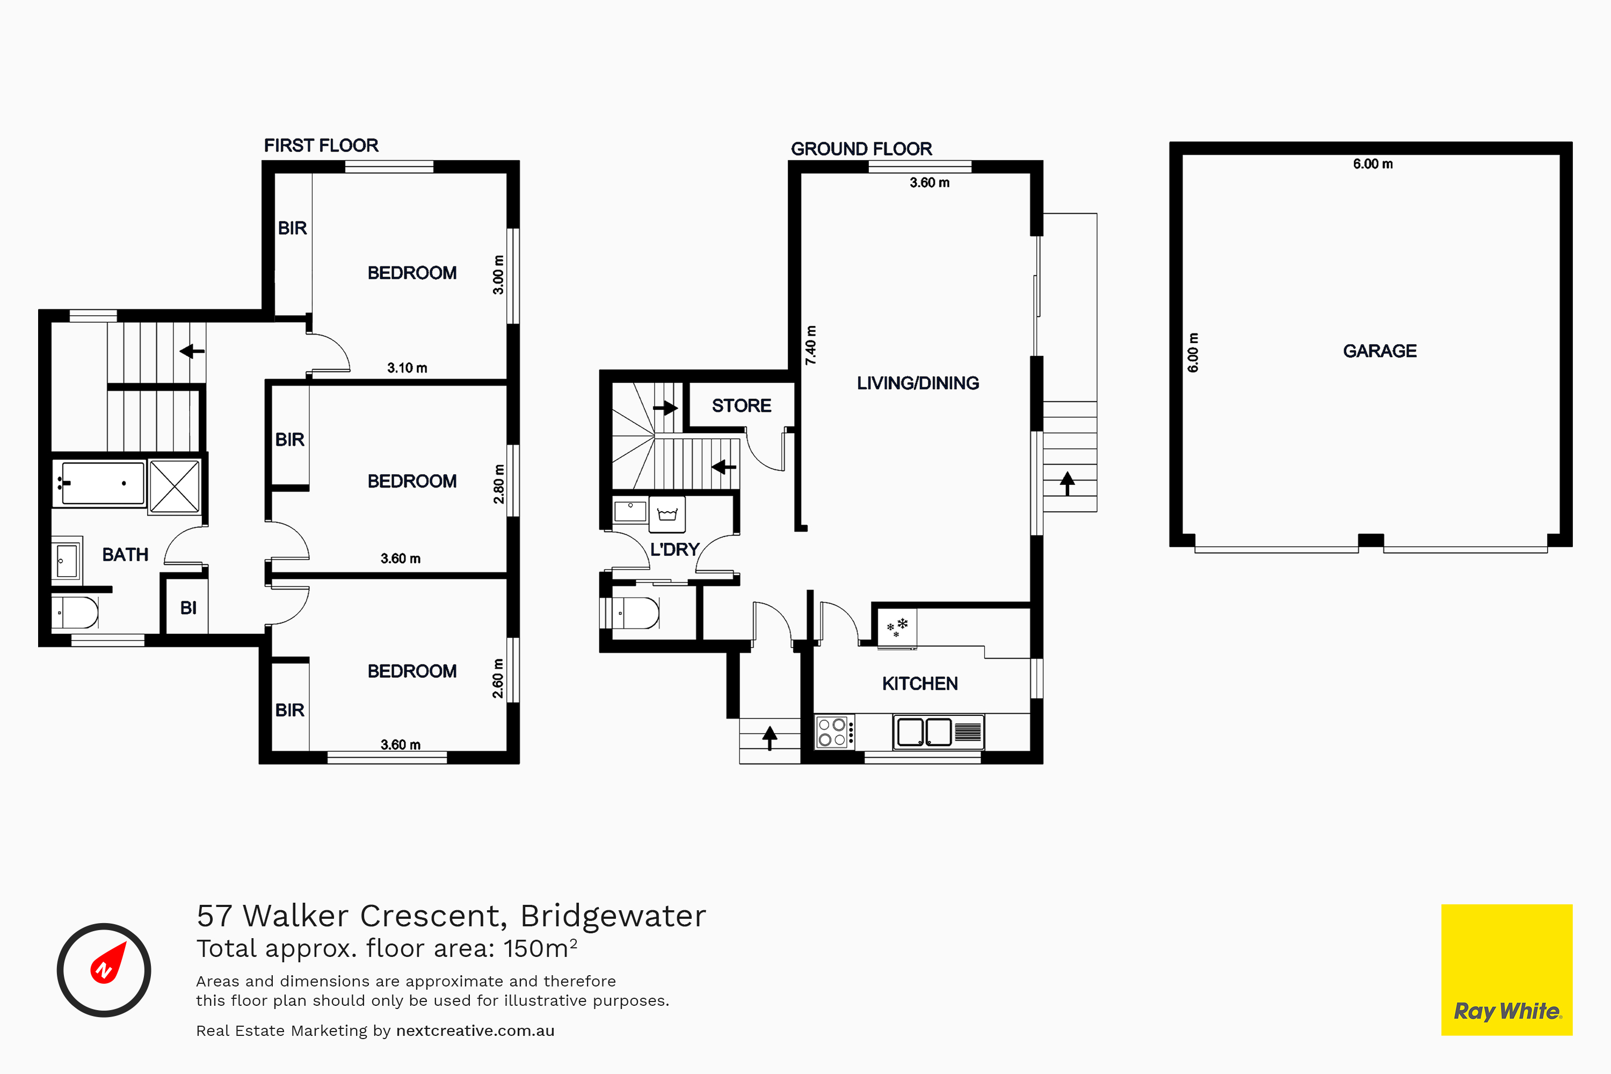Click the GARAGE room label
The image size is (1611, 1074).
click(x=1380, y=351)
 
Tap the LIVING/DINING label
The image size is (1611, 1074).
click(x=918, y=383)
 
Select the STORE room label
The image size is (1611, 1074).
click(x=741, y=405)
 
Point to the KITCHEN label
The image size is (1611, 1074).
click(x=920, y=684)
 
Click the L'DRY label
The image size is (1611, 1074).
click(x=674, y=549)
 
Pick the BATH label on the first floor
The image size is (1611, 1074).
click(x=125, y=555)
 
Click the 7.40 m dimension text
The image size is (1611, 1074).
click(x=811, y=345)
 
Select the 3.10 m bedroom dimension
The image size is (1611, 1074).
click(x=407, y=368)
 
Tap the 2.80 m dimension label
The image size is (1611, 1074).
click(x=499, y=484)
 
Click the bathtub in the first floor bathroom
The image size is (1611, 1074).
click(x=100, y=483)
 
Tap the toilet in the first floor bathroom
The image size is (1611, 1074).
click(x=75, y=612)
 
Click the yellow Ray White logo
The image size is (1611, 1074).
click(x=1507, y=970)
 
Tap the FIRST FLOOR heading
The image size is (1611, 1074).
click(x=321, y=145)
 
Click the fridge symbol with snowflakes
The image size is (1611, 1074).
click(x=897, y=627)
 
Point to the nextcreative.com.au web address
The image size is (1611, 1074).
click(x=475, y=1031)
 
